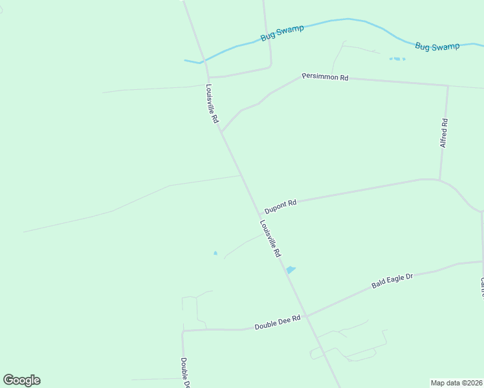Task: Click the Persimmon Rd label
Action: (x=325, y=77)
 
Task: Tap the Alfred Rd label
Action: (x=444, y=133)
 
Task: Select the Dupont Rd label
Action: (x=280, y=206)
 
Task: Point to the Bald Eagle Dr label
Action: (x=392, y=281)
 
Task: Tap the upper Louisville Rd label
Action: (x=212, y=104)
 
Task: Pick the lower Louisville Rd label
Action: (x=270, y=239)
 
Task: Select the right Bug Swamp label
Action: (x=437, y=47)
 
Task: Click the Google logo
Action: (x=21, y=380)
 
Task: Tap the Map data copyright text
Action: (x=456, y=382)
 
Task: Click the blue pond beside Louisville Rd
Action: (x=291, y=270)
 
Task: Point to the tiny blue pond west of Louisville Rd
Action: (x=215, y=253)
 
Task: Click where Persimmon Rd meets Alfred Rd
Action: (x=447, y=85)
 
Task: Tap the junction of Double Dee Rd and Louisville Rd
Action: (x=307, y=316)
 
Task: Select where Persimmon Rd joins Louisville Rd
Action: (x=221, y=131)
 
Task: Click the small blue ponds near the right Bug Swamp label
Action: (x=397, y=59)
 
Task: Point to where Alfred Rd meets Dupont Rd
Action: (x=440, y=180)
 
